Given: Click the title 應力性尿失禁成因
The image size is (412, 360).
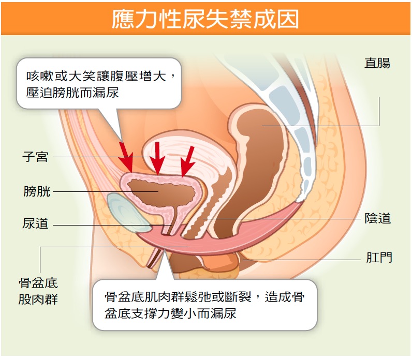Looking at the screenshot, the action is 205,19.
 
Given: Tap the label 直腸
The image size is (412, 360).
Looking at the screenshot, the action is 377,63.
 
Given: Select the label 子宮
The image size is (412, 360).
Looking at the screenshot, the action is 35,157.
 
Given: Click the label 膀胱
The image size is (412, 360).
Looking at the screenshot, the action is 37,191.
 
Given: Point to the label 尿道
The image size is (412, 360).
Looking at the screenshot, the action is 35,224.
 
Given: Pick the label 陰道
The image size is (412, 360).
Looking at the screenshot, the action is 377,218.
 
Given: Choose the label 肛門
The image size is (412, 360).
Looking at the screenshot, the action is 379,258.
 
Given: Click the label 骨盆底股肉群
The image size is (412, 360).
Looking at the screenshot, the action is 38,291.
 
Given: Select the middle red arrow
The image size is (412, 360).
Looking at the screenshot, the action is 157,158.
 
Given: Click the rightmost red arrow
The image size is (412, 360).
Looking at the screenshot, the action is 188,161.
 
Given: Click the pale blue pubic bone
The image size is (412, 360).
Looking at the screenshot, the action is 126,213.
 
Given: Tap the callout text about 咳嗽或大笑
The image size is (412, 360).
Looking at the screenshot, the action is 100,84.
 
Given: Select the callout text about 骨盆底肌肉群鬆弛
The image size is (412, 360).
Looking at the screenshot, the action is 204,305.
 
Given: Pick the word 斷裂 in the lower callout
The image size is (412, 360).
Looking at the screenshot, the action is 238,297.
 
